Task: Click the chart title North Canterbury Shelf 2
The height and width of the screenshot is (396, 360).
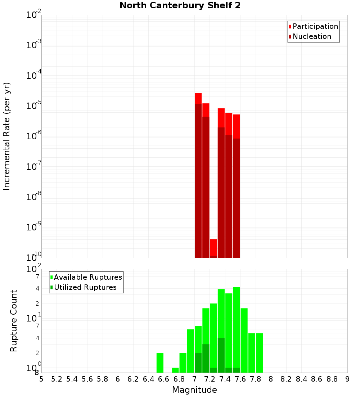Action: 180,6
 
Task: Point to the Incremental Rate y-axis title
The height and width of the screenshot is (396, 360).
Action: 7,136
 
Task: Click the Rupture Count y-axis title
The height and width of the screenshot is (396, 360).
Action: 14,321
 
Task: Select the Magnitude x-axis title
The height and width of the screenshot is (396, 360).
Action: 194,390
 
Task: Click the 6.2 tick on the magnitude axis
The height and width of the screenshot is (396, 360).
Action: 133,379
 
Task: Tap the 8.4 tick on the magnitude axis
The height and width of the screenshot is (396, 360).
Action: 302,379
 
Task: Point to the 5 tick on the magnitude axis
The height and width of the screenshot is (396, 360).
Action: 41,379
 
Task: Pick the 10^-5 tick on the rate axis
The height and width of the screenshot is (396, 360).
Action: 33,106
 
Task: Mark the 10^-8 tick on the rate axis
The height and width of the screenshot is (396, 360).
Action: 33,197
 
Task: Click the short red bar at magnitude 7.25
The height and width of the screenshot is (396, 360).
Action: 213,248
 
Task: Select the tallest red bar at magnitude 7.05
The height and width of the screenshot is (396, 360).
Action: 198,173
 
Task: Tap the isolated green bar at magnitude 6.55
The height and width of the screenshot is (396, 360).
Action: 160,363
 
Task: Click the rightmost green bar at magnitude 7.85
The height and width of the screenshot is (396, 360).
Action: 259,353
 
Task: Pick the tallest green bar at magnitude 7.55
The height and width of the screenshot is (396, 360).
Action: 237,328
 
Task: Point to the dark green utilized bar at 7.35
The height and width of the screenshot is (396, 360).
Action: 221,355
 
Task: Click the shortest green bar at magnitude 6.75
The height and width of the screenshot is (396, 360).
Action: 175,370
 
